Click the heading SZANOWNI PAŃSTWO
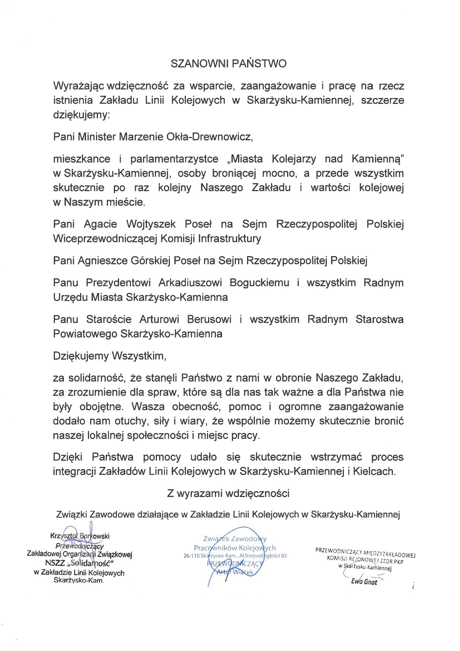(229, 64)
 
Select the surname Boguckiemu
(259, 283)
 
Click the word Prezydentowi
(118, 283)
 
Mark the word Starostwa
(379, 320)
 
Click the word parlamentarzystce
(174, 159)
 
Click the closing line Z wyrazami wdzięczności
(228, 494)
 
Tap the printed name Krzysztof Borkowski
(80, 536)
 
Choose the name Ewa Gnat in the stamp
(364, 582)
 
